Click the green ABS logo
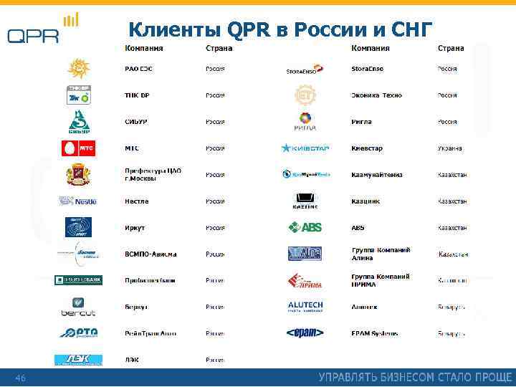point(305,228)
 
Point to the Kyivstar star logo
point(305,148)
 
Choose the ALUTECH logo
point(305,307)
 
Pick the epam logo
point(305,333)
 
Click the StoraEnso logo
point(305,70)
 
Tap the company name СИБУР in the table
point(136,122)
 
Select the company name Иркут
point(135,228)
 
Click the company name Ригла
point(361,122)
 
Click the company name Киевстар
point(367,148)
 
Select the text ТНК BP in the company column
point(138,95)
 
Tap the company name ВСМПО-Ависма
point(150,254)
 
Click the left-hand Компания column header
point(144,48)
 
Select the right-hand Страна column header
point(451,48)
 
